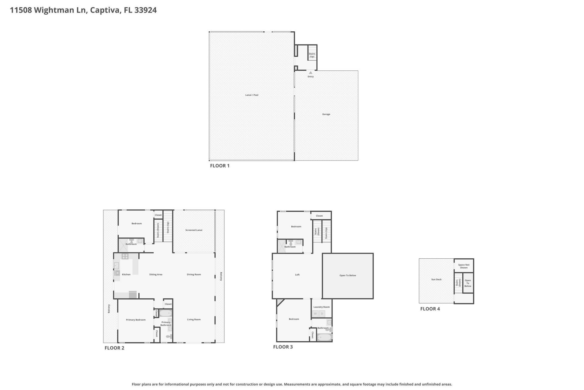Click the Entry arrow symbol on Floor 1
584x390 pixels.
[311, 73]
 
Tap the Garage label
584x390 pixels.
[326, 114]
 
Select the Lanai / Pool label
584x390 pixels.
[252, 95]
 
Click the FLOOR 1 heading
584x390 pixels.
[220, 166]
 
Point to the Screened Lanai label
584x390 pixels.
[194, 230]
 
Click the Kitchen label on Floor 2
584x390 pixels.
[126, 275]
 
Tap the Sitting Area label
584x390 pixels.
[156, 275]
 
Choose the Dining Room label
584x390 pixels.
[194, 275]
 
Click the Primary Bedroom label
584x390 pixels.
[136, 320]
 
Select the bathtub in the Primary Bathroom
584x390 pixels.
[166, 313]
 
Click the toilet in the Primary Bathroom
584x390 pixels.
[169, 337]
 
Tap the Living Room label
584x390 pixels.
[194, 320]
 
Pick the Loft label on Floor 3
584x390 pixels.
[297, 275]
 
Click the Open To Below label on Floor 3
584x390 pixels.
[348, 275]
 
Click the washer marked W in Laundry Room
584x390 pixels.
[315, 314]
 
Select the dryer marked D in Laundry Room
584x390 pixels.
[322, 314]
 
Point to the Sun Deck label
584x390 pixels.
[436, 279]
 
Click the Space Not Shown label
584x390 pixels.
[464, 266]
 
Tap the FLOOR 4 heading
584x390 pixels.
[430, 309]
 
